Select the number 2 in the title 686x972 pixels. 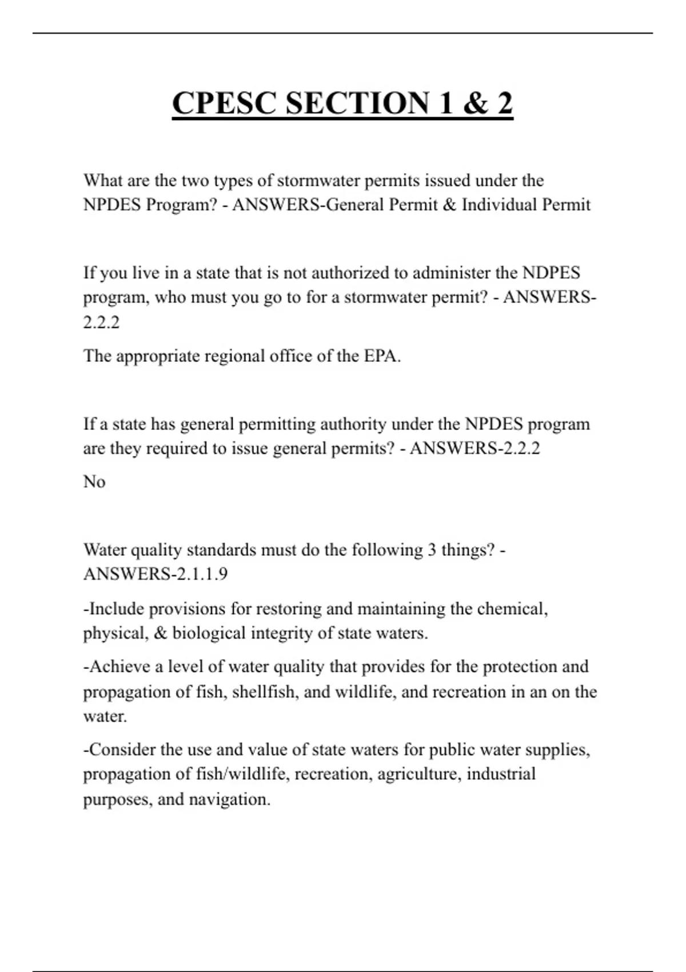coord(504,103)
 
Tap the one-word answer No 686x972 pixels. coord(94,482)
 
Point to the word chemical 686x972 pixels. coord(512,609)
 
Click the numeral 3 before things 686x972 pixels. coord(433,550)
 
